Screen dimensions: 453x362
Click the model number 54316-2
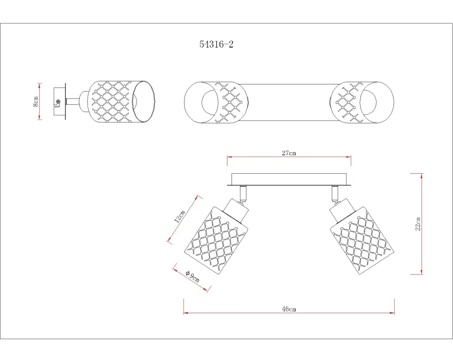[216, 44]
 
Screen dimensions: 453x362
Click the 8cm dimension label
[35, 101]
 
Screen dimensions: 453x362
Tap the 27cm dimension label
[289, 153]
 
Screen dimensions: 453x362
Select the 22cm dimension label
[418, 224]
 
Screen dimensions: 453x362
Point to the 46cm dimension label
[289, 309]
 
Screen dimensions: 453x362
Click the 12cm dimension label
[180, 217]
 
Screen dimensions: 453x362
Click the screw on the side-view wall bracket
[58, 102]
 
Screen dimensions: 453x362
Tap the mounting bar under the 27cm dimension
[289, 179]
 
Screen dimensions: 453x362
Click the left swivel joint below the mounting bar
[243, 194]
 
